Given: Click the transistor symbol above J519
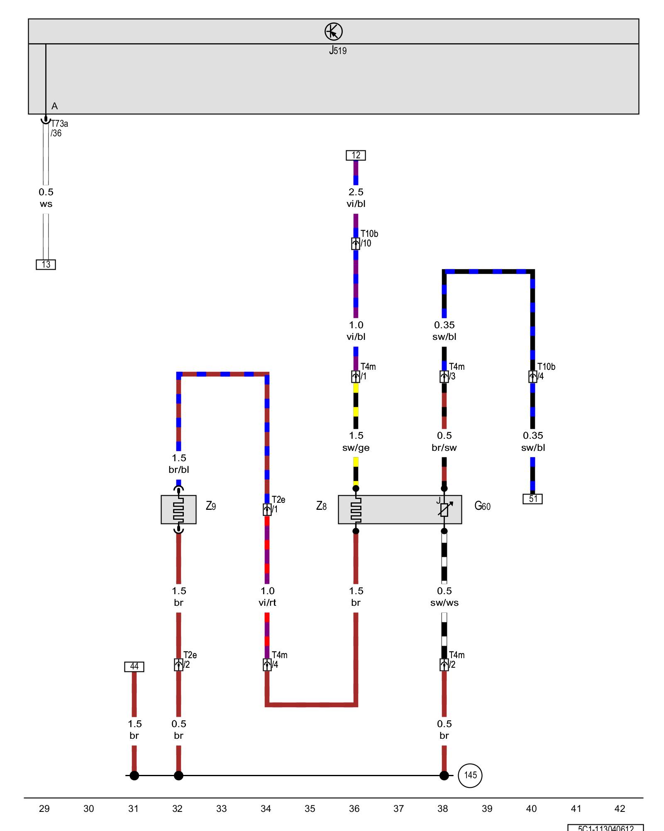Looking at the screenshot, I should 333,32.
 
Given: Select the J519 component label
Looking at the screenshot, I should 338,51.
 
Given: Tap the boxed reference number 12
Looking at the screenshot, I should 356,155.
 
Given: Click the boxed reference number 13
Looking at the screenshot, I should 46,265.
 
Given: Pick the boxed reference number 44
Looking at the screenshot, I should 134,666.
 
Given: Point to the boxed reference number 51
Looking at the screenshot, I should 532,499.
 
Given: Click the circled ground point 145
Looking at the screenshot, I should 470,775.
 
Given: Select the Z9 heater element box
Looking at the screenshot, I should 178,509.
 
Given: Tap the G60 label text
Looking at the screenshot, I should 482,506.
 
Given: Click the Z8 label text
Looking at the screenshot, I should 321,506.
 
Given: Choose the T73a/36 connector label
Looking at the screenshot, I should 59,128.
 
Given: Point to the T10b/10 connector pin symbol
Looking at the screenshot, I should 356,244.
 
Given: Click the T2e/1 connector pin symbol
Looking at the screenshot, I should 267,509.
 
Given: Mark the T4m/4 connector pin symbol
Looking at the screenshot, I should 267,665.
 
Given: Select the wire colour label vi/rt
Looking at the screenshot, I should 267,603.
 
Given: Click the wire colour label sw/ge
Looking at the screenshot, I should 356,448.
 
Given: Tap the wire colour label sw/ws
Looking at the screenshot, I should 444,603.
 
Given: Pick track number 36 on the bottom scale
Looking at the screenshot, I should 354,809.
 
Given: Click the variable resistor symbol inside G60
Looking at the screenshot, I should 444,509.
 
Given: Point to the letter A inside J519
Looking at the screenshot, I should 54,106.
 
